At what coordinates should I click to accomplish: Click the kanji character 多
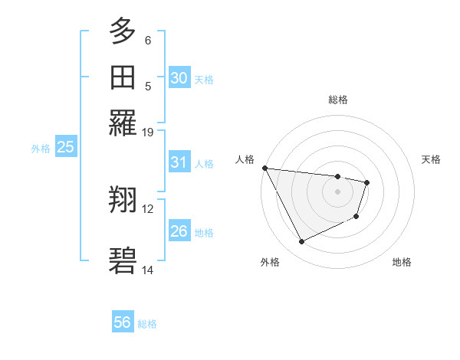coord(123,31)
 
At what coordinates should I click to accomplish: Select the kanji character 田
coord(123,77)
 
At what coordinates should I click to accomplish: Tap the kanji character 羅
coord(123,123)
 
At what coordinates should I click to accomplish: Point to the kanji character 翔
coord(123,201)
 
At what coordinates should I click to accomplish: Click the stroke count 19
coord(148,132)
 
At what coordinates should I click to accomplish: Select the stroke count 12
coord(148,208)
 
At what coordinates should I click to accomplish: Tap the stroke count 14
coord(148,270)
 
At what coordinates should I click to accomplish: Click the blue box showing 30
coord(179,78)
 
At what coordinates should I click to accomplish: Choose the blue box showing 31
coord(179,162)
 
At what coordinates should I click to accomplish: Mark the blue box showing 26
coord(179,231)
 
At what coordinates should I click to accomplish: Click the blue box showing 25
coord(65,148)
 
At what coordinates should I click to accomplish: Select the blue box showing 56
coord(123,322)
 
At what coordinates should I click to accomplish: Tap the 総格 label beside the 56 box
coord(147,324)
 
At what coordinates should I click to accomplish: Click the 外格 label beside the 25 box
coord(41,149)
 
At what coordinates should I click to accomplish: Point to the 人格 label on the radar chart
coord(245,159)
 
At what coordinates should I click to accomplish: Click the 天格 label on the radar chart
coord(432,159)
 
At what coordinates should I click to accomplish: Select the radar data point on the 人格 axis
coord(264,168)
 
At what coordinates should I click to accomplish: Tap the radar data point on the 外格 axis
coord(301,242)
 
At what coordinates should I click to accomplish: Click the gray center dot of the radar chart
coord(337,191)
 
